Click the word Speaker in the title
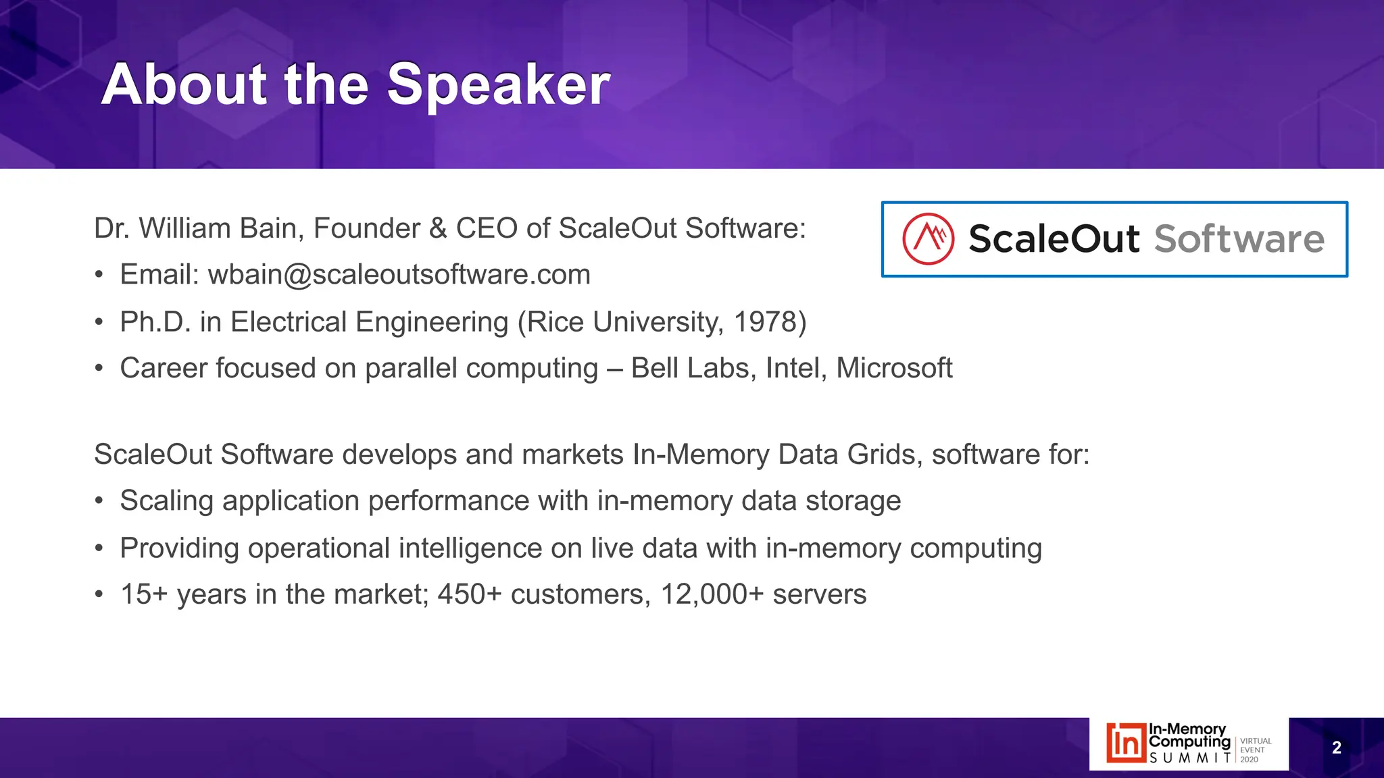[498, 85]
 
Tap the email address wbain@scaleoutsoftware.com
[399, 275]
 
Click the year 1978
[765, 322]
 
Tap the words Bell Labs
[693, 369]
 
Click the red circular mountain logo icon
[929, 239]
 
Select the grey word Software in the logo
[1239, 239]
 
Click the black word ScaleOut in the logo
[1054, 239]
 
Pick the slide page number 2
[1336, 748]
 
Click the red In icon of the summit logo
[1126, 744]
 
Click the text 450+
[470, 595]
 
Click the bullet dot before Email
[99, 276]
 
